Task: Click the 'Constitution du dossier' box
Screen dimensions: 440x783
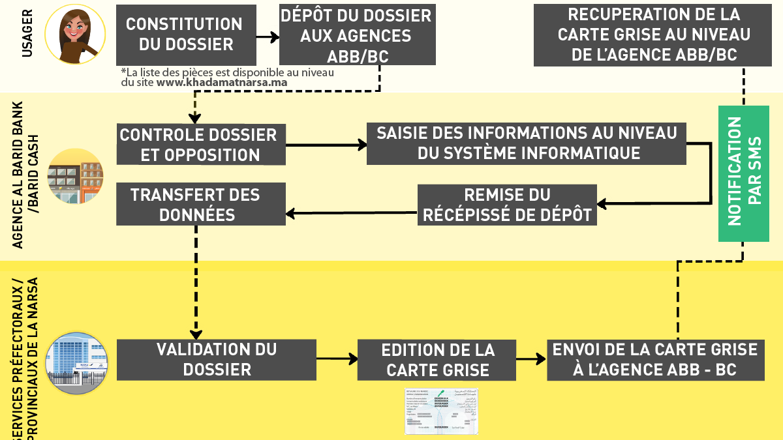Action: click(x=184, y=35)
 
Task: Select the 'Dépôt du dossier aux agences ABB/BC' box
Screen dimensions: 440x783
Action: click(x=357, y=35)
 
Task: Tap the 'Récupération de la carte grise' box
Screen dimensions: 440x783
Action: click(x=654, y=35)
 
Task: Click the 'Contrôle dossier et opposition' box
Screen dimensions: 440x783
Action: click(x=201, y=144)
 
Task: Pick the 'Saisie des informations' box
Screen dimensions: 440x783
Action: click(x=526, y=143)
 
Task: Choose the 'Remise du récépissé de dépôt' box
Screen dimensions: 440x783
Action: click(x=507, y=205)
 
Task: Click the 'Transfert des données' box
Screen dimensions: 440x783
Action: click(x=201, y=204)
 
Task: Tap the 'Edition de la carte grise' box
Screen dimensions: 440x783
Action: click(x=437, y=360)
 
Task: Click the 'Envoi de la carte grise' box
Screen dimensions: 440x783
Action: click(x=655, y=359)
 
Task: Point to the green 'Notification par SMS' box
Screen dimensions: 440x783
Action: click(x=744, y=172)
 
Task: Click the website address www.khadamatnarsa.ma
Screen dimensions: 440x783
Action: click(x=222, y=83)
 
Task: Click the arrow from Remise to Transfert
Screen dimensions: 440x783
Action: click(x=352, y=212)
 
